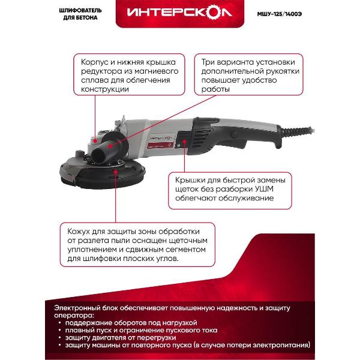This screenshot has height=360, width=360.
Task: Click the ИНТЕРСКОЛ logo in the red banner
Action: (179, 13)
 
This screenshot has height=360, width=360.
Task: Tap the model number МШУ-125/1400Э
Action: (279, 14)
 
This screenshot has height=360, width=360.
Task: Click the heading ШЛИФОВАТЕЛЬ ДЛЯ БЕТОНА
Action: (80, 14)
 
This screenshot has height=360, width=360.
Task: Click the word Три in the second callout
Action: (208, 62)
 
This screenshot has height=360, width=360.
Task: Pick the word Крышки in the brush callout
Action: (190, 180)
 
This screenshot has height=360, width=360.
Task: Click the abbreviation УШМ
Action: (264, 189)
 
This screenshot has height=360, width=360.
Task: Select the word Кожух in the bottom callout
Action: (79, 232)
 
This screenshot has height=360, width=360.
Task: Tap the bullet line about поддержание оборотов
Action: (131, 323)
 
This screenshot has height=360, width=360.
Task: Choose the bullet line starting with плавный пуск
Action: (141, 331)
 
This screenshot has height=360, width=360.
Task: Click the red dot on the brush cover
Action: (184, 142)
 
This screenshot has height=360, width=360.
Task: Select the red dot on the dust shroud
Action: (116, 172)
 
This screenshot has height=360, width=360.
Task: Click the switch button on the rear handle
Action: (235, 134)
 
